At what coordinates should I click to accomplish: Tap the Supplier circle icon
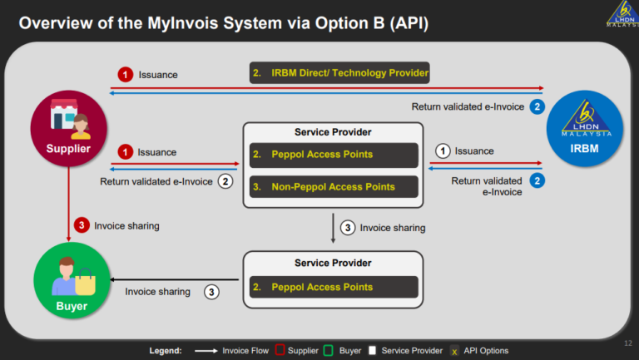(67, 132)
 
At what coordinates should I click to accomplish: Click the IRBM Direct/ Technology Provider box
(339, 73)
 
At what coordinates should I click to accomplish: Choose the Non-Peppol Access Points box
(333, 187)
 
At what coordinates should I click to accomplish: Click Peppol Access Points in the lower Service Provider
(333, 287)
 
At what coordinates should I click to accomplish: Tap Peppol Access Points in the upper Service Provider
(333, 155)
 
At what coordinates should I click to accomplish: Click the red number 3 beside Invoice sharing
(81, 224)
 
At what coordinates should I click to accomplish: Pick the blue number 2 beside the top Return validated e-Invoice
(537, 106)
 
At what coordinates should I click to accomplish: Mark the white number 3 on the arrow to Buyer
(212, 292)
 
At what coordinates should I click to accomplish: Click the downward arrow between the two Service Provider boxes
(333, 227)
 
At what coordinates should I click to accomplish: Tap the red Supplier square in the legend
(280, 351)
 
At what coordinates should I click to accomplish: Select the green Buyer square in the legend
(328, 351)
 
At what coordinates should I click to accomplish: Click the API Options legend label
(487, 351)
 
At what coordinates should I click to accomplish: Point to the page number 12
(627, 343)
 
